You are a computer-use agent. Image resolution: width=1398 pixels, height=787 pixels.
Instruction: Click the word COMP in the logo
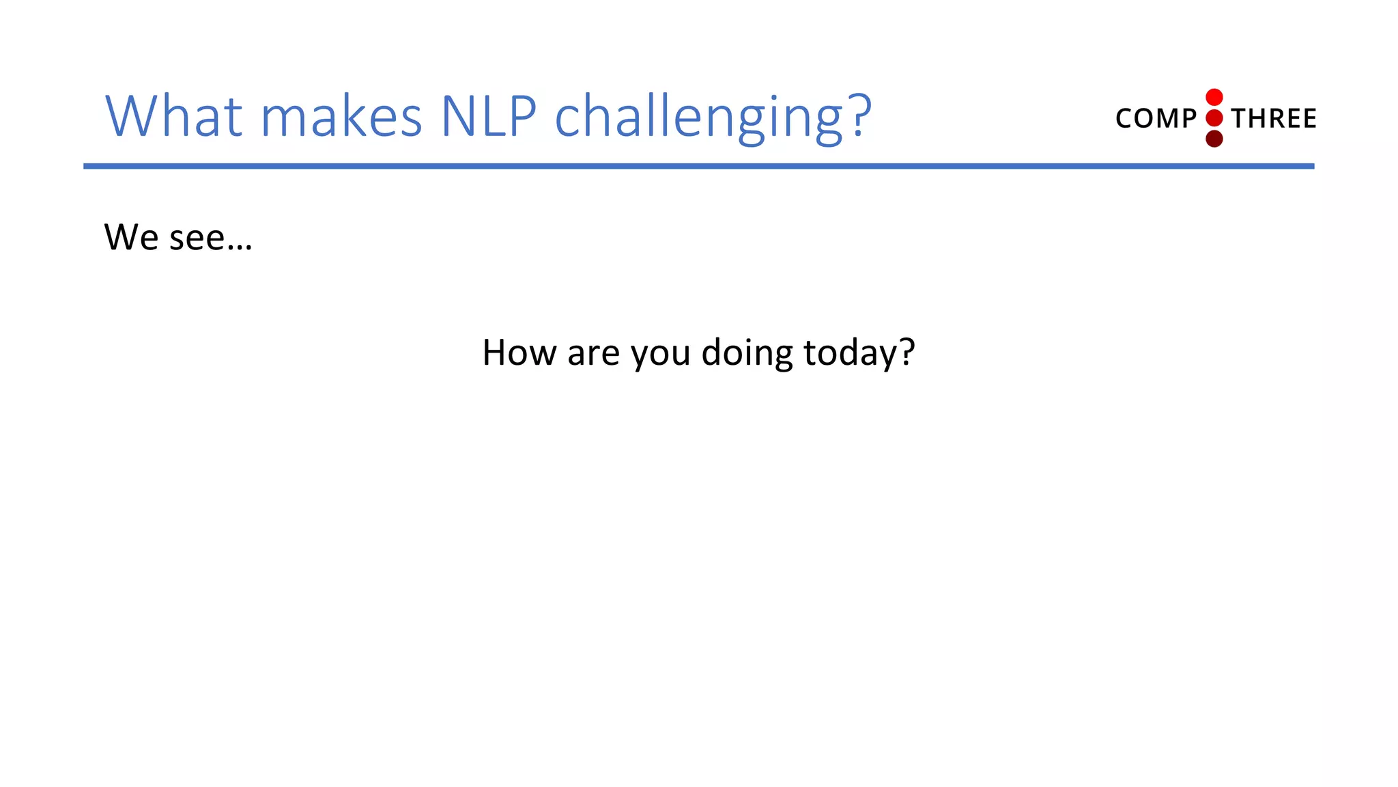click(1156, 119)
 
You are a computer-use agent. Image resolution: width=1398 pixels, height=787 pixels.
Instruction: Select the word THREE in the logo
click(1274, 119)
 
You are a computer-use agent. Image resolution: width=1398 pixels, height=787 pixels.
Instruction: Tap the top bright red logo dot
click(1214, 97)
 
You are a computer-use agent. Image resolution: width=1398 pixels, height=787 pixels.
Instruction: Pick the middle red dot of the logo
click(1214, 118)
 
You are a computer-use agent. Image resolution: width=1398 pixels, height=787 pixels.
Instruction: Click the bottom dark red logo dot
click(1214, 139)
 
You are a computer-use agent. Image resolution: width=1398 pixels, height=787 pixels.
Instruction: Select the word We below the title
click(131, 238)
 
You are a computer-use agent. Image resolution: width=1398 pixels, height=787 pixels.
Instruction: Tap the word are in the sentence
click(593, 355)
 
